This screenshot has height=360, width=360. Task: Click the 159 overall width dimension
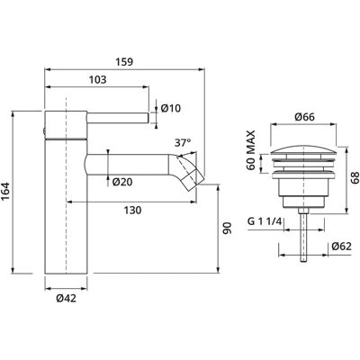pyautogui.click(x=124, y=62)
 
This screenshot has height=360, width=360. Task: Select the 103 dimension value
pyautogui.click(x=98, y=80)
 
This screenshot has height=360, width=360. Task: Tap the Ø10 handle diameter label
pyautogui.click(x=171, y=108)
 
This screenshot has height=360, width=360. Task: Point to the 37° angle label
pyautogui.click(x=183, y=143)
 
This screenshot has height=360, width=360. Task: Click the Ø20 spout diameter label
pyautogui.click(x=122, y=182)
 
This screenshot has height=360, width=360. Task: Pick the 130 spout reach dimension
pyautogui.click(x=132, y=211)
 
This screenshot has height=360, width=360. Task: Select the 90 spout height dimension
pyautogui.click(x=228, y=228)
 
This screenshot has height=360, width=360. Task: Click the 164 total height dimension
pyautogui.click(x=6, y=193)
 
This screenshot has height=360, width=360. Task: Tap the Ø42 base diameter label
pyautogui.click(x=66, y=298)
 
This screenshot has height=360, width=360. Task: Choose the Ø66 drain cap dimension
pyautogui.click(x=304, y=117)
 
